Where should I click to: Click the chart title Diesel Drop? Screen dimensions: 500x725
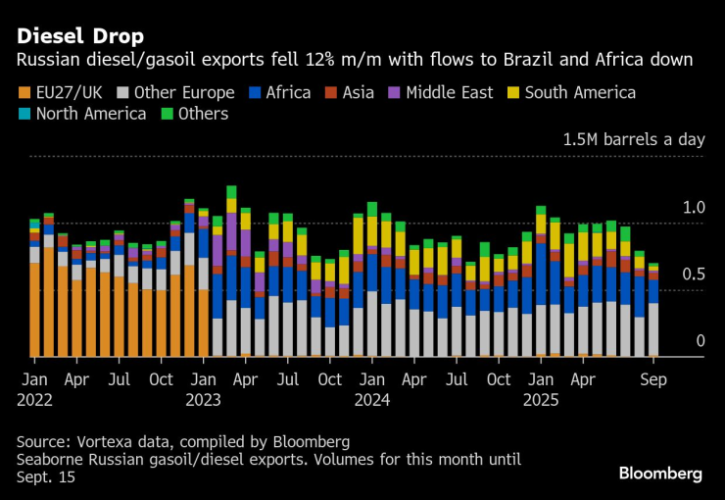pyautogui.click(x=78, y=35)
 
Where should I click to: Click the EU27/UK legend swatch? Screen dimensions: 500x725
pyautogui.click(x=24, y=93)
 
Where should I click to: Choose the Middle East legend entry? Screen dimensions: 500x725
pyautogui.click(x=447, y=93)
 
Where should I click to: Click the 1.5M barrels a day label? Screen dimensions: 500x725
pyautogui.click(x=633, y=139)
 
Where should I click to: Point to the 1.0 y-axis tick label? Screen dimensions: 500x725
pyautogui.click(x=693, y=208)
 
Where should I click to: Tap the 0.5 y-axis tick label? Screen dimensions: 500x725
pyautogui.click(x=693, y=274)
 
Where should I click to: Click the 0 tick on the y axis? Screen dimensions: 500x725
pyautogui.click(x=700, y=340)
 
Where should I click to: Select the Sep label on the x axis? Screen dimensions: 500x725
pyautogui.click(x=654, y=377)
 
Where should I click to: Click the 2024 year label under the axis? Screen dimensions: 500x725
pyautogui.click(x=373, y=399)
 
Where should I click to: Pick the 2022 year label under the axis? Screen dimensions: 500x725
pyautogui.click(x=35, y=399)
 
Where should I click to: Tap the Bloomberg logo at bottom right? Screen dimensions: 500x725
pyautogui.click(x=660, y=474)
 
